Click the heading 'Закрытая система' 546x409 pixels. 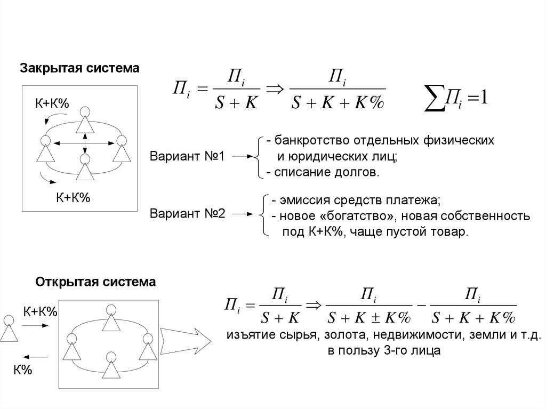click(x=79, y=68)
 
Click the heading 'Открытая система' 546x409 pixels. click(x=95, y=282)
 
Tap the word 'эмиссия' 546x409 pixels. click(x=300, y=201)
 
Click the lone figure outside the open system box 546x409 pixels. click(x=8, y=328)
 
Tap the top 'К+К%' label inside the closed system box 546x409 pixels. click(x=53, y=104)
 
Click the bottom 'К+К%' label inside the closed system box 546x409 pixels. click(x=74, y=198)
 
